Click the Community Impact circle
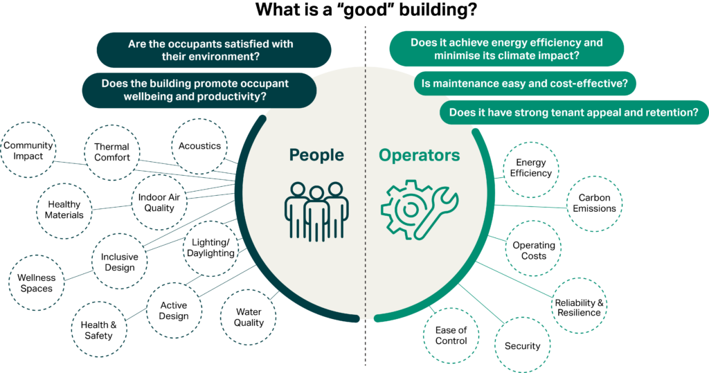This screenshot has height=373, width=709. pos(28,150)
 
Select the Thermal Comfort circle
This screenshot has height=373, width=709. pos(111,152)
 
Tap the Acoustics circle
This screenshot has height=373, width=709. pos(199,146)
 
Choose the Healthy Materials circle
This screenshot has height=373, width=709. pos(64,209)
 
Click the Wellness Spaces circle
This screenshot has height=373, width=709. pos(36,283)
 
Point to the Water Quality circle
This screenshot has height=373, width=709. pos(249,318)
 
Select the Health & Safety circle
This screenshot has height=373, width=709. pos(96,330)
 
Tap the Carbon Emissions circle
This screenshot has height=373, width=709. pos(594,203)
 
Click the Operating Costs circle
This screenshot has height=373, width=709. pos(534,251)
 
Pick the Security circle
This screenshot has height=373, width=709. pos(522,345)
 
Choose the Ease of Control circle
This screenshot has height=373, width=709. pos(451,336)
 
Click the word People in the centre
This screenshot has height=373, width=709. pos(317,154)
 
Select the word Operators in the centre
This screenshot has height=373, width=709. pos(418,154)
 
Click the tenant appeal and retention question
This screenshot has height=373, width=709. pos(574,112)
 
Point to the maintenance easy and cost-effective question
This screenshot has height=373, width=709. pos(525,84)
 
